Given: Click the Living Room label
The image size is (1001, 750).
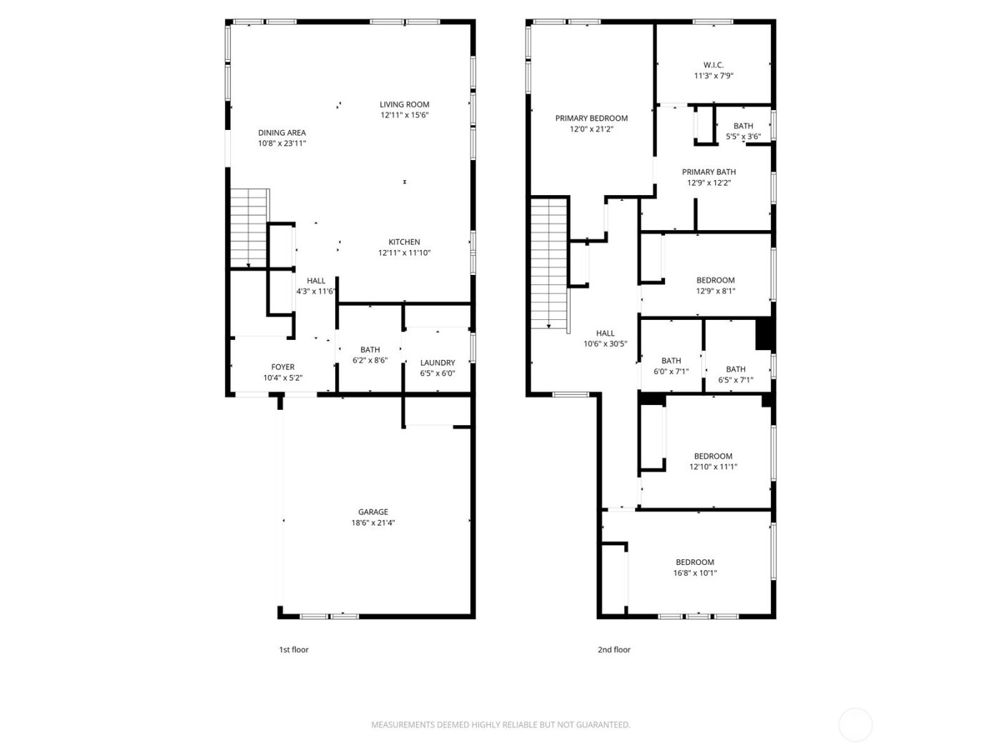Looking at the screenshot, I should tap(404, 104).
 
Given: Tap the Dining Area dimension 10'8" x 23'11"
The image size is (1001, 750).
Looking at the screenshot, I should tap(282, 144).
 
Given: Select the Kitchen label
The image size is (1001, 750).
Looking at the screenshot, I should tap(404, 242).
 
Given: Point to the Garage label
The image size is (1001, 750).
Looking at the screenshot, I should tap(373, 511).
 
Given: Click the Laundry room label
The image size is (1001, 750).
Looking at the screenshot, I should tap(438, 363).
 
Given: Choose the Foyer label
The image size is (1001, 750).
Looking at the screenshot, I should tap(282, 367).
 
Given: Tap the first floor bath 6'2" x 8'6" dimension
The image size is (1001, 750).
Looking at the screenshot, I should tap(370, 361).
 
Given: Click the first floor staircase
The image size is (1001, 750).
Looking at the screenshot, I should tap(248, 227).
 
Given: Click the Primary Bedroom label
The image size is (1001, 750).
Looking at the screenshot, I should tap(591, 119).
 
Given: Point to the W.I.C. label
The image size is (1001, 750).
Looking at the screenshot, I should tap(713, 65).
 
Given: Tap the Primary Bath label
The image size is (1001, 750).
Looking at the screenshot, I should tap(709, 172).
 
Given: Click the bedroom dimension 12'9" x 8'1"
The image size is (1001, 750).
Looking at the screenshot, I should tap(715, 291).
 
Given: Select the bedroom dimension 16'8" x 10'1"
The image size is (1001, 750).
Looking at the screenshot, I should tap(694, 573).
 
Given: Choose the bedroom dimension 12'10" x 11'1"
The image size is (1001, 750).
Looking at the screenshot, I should tap(713, 467).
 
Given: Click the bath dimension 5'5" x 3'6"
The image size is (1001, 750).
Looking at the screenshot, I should tap(743, 136).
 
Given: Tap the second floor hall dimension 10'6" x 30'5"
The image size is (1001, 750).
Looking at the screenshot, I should tap(605, 344).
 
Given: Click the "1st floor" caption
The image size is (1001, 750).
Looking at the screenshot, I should tap(293, 650).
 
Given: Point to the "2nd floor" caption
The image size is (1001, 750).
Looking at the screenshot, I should tap(613, 650).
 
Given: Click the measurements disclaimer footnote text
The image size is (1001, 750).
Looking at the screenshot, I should tap(500, 725).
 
